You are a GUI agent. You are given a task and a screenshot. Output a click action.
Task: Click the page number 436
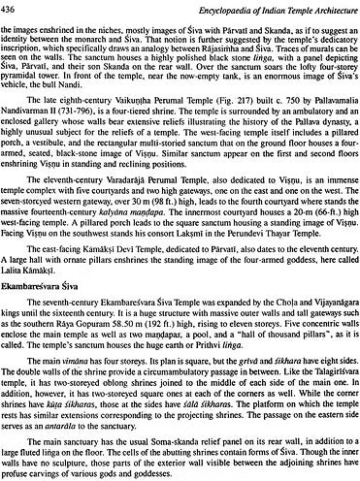click(x=11, y=8)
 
